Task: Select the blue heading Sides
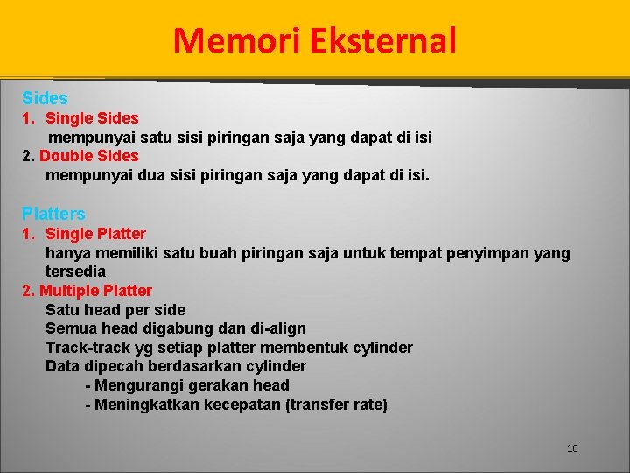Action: (45, 98)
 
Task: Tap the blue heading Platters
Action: (53, 214)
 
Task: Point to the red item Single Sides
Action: (92, 117)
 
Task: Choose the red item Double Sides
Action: (89, 156)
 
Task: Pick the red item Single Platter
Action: (95, 234)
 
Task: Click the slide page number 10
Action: (572, 448)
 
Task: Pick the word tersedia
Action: (75, 272)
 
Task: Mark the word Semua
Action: (68, 328)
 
